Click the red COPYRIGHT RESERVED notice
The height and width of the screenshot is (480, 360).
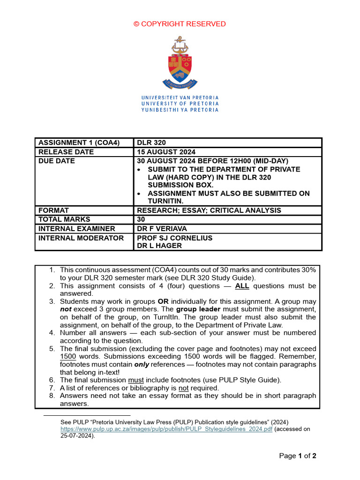(x=180, y=24)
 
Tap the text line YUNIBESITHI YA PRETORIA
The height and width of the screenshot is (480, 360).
(x=180, y=110)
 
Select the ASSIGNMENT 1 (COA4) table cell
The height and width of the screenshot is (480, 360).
(x=79, y=142)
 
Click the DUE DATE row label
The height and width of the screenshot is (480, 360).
(x=57, y=161)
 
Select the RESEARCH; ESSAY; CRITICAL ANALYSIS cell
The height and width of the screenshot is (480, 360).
(x=209, y=210)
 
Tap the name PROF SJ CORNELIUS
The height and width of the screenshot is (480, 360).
(x=174, y=238)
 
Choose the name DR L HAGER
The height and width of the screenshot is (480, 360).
(x=159, y=246)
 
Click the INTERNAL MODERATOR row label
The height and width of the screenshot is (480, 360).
(x=81, y=238)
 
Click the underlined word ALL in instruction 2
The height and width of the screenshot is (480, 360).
(x=242, y=286)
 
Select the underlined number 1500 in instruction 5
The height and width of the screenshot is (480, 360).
(x=68, y=357)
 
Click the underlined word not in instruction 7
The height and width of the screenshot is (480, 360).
(x=183, y=388)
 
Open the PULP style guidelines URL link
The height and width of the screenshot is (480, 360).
(x=166, y=428)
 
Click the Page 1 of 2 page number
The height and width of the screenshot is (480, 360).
(x=298, y=456)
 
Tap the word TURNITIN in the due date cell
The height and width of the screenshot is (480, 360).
(x=165, y=201)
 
